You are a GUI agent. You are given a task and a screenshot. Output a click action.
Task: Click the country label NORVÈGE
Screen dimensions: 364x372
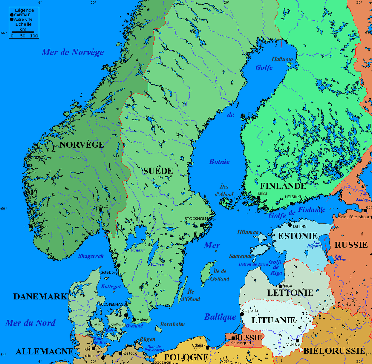(x=81, y=145)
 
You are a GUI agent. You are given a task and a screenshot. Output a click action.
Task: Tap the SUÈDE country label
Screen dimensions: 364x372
(x=158, y=170)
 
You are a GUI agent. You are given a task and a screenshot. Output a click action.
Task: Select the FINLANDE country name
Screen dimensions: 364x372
(x=283, y=186)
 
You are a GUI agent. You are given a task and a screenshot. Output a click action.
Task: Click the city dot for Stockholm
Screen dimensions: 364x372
(x=202, y=225)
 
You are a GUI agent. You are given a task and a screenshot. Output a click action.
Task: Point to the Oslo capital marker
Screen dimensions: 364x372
(x=101, y=210)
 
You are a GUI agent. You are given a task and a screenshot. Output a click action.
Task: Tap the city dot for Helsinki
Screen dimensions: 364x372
(x=292, y=203)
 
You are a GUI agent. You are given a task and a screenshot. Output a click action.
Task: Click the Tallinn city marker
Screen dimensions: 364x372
(x=290, y=225)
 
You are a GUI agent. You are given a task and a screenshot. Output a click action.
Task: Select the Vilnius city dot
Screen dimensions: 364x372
(x=297, y=341)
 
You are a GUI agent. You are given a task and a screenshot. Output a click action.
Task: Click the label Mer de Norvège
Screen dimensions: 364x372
(x=73, y=52)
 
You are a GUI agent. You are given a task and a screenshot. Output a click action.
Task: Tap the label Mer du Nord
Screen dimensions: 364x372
(x=30, y=323)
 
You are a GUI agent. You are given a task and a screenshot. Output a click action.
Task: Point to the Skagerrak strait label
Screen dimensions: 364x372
(x=91, y=256)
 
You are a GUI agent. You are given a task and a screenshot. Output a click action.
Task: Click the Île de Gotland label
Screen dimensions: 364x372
(x=220, y=275)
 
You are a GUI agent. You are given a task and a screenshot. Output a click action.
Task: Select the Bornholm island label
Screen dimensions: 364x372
(x=172, y=324)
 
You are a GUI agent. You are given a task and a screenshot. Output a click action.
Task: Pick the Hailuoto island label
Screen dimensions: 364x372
(x=282, y=59)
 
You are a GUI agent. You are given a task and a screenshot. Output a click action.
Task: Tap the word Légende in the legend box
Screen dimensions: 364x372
(x=24, y=10)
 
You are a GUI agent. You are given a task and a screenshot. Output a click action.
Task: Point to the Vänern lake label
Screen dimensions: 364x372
(x=138, y=250)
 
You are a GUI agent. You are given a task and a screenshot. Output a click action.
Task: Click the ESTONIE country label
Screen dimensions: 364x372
(x=298, y=236)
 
